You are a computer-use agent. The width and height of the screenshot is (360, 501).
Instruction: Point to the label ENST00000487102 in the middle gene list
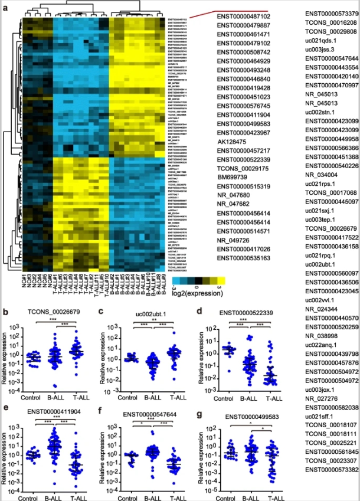[x=243, y=17]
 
